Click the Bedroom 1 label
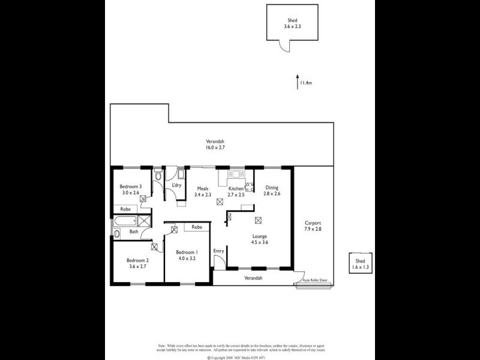(187, 252)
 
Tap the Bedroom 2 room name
(137, 260)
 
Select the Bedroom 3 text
(131, 187)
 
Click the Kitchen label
(235, 188)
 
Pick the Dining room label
(272, 187)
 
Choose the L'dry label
(176, 185)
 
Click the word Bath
(133, 231)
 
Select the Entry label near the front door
(218, 251)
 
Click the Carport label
(313, 223)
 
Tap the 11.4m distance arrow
(298, 82)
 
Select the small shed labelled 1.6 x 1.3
(359, 264)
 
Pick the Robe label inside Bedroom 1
(196, 227)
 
